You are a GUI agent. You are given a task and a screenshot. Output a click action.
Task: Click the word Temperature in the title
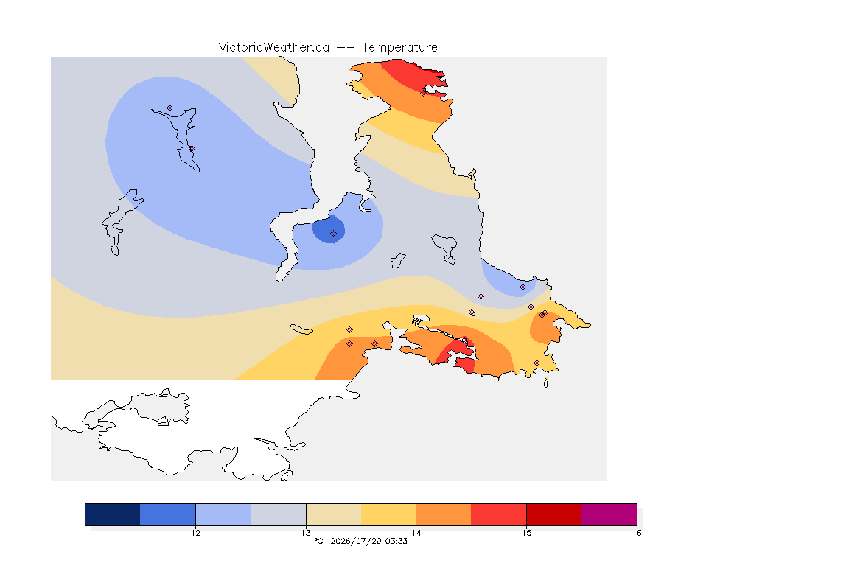point(399,48)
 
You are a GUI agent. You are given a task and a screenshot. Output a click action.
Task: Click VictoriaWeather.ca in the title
point(274,48)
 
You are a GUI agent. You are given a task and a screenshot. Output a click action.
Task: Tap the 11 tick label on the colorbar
point(85,533)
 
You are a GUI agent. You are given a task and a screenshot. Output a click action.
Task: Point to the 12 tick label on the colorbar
point(195,533)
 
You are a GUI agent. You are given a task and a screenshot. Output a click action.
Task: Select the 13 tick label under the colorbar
point(306,533)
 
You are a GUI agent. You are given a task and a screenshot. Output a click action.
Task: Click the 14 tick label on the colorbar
point(416,533)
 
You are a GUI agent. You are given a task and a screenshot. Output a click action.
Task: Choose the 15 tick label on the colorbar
point(526,533)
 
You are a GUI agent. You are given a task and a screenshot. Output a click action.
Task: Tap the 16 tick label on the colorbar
point(637,533)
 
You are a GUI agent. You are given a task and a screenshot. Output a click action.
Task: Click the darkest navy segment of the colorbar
point(113,514)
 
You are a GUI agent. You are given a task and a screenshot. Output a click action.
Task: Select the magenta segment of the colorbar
point(609,514)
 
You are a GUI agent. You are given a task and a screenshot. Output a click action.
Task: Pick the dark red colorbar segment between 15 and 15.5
point(554,514)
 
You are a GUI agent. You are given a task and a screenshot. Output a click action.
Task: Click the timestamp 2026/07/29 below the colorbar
point(356,541)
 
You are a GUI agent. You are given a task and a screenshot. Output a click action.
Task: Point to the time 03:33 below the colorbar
point(396,541)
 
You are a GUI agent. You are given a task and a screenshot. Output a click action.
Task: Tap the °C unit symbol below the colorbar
point(318,541)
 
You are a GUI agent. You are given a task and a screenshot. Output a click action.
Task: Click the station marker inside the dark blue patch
point(334,234)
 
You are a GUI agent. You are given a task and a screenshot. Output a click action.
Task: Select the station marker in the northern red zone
point(424,93)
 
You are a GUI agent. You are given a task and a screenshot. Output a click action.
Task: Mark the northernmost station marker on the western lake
point(170,108)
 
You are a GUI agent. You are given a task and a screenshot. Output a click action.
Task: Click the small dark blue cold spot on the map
point(329,229)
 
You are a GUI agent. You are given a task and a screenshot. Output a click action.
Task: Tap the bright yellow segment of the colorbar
point(388,514)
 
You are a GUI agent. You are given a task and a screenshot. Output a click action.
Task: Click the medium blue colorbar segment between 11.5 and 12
point(168,514)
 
